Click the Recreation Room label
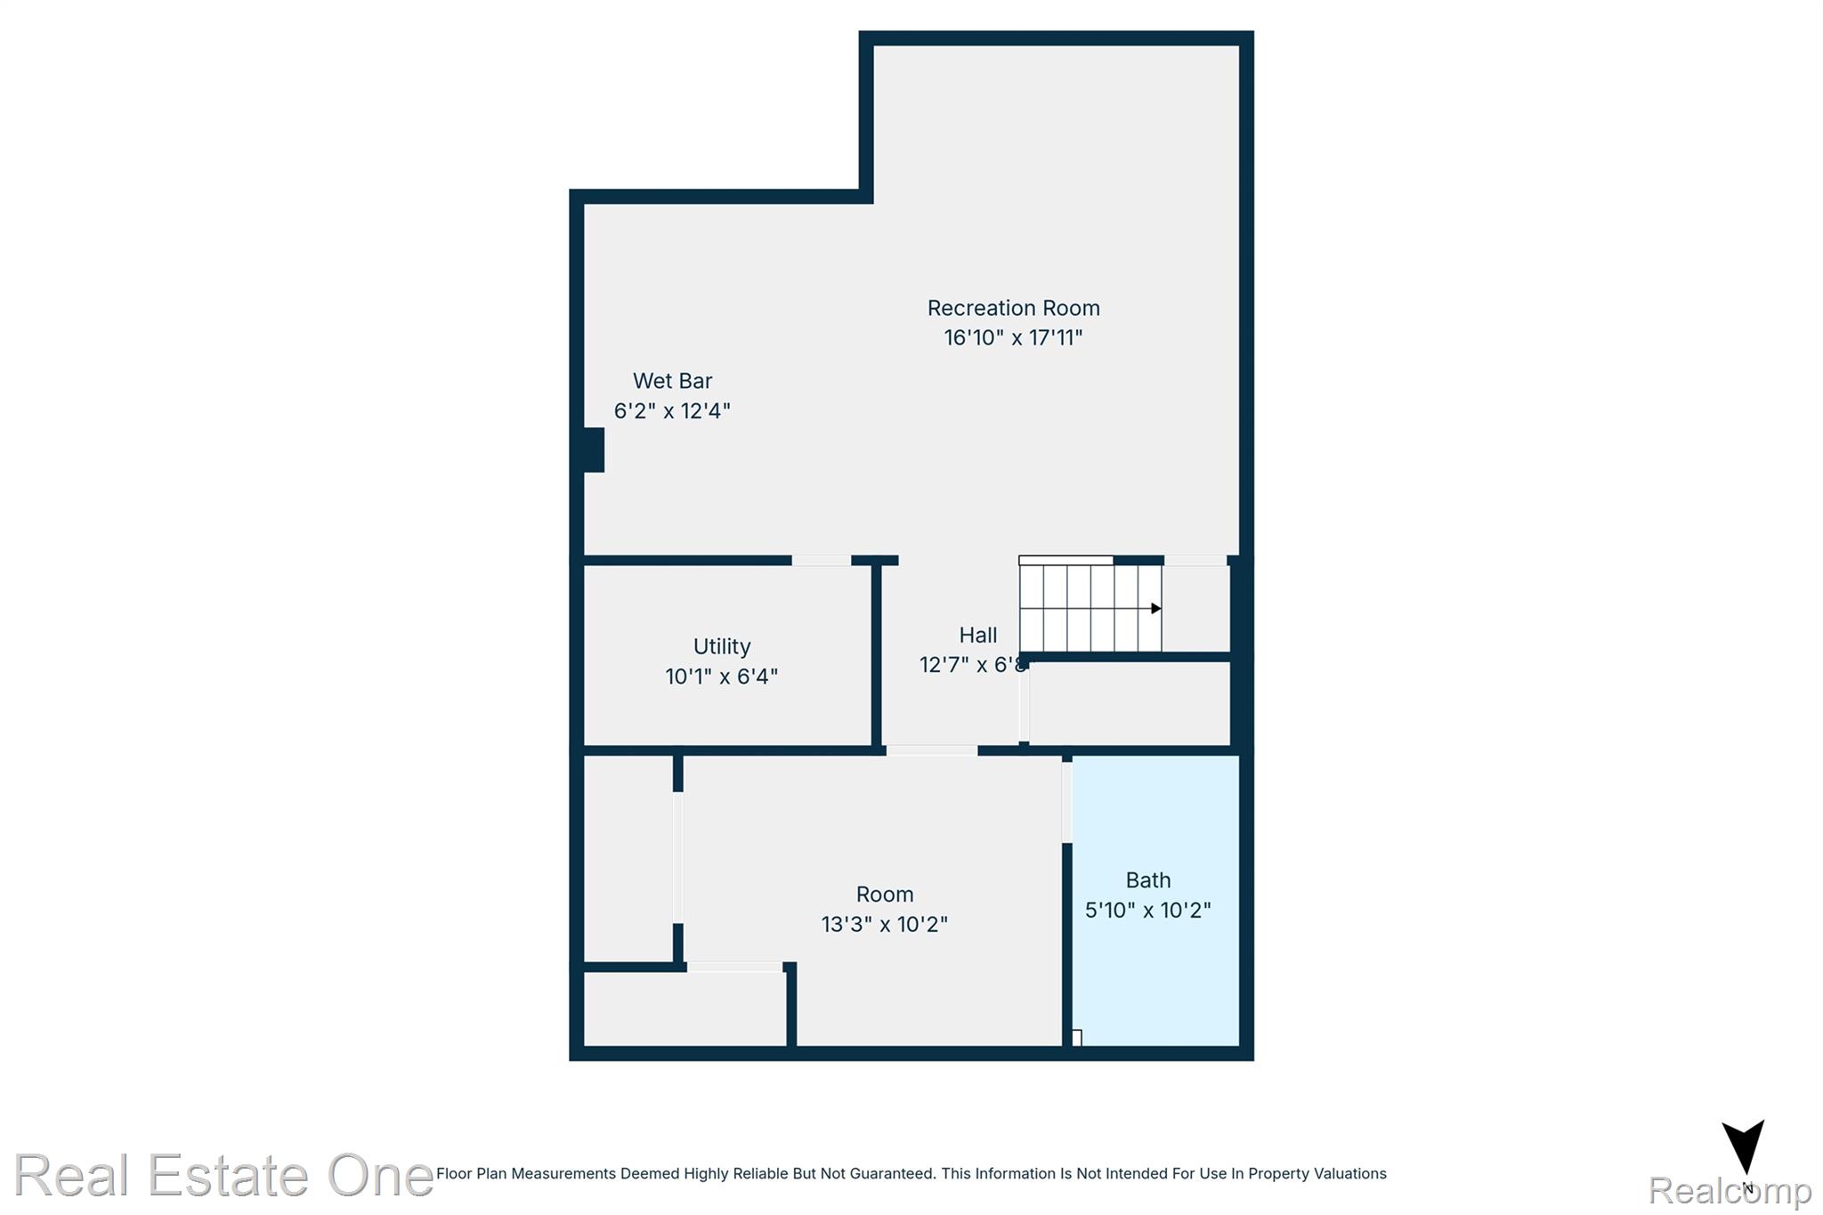[x=1013, y=308]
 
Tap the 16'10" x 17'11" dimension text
[x=1013, y=338]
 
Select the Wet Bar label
[x=672, y=381]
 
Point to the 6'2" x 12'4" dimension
[x=672, y=411]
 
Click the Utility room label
[x=721, y=646]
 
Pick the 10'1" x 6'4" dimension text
[x=721, y=676]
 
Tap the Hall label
[x=977, y=636]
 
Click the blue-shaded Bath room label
[x=1147, y=880]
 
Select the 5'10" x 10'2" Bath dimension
[x=1147, y=911]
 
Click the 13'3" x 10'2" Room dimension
[x=884, y=925]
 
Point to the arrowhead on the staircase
[x=1155, y=609]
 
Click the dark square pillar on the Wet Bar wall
[x=593, y=450]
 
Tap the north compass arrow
[x=1743, y=1148]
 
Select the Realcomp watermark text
[x=1729, y=1191]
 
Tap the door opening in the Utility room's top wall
[x=821, y=561]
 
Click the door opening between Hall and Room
[x=931, y=751]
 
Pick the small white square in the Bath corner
[x=1076, y=1038]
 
